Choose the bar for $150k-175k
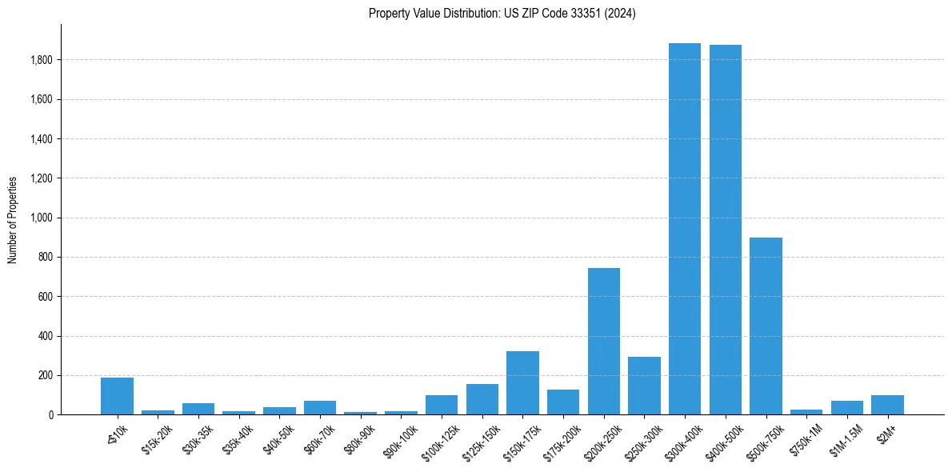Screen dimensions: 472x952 click(522, 383)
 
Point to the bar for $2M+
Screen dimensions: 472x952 click(887, 405)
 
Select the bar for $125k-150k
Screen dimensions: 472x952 click(482, 399)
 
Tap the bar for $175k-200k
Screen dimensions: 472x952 click(563, 402)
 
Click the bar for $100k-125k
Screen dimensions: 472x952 click(442, 405)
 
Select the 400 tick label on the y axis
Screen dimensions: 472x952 click(45, 336)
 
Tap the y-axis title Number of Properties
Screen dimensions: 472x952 click(13, 219)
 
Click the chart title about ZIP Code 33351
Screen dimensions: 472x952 click(502, 14)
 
